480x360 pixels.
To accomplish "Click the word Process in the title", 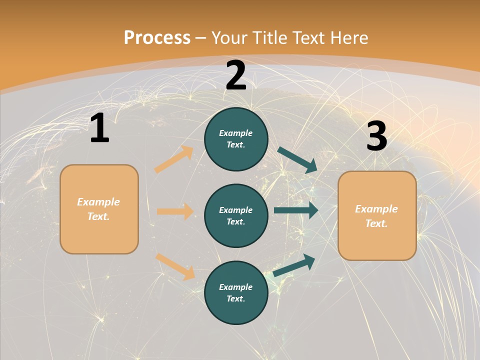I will click(157, 37).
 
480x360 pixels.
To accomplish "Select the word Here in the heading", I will click(348, 37).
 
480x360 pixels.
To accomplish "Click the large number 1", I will click(99, 128).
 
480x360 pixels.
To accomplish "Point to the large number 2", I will click(236, 75).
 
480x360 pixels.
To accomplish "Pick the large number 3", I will click(376, 136).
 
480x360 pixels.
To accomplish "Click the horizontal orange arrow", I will click(175, 211).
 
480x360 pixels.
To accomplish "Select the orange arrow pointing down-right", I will click(175, 266).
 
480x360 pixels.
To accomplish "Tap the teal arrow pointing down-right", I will click(297, 160).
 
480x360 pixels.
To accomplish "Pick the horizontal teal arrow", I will click(296, 210).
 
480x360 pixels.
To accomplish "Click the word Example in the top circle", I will click(235, 133).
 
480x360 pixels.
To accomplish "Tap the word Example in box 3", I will click(376, 209).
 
